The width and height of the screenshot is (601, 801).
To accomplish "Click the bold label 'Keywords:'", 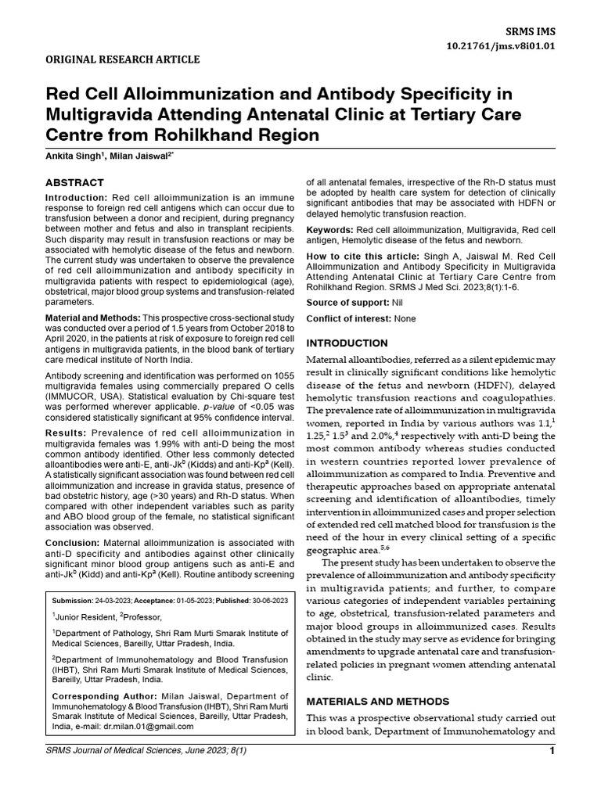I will point(329,229).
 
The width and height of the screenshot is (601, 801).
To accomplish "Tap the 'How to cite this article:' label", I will point(362,256).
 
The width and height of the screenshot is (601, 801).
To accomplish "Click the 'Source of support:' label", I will point(345,302).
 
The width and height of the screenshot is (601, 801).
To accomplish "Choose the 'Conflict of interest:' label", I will point(349,318).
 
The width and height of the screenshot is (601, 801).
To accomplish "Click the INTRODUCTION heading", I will point(346,343).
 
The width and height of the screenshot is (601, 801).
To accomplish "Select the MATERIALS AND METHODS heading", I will point(377,701).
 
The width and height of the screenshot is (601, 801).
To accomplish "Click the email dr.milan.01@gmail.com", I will point(151,725).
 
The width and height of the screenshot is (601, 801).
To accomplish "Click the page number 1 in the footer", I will point(552,752).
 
